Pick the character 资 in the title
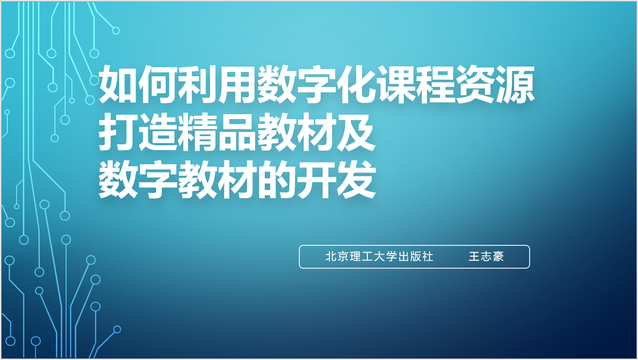click(475, 85)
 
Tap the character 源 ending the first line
click(515, 85)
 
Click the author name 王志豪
click(486, 257)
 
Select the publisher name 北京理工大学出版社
click(379, 257)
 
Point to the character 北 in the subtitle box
click(331, 257)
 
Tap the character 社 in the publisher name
click(428, 257)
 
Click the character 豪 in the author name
click(498, 257)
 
